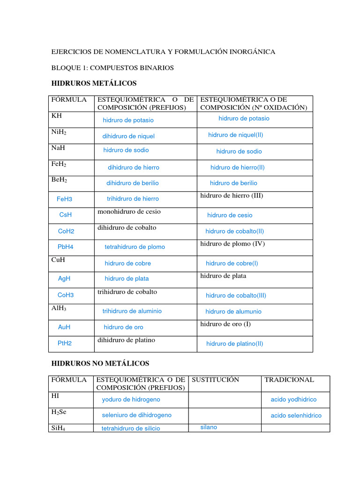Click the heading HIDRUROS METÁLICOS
[x=93, y=83]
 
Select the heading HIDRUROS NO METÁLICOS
[x=100, y=363]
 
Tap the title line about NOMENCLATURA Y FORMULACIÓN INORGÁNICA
[x=163, y=52]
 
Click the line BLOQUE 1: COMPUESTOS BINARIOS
[x=112, y=68]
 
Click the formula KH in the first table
[x=57, y=116]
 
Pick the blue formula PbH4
[x=66, y=247]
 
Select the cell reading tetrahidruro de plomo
[x=135, y=247]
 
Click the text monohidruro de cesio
[x=129, y=212]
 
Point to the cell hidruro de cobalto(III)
[x=236, y=296]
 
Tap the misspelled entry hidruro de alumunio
[x=233, y=312]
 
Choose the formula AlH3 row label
[x=59, y=309]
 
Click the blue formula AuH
[x=64, y=327]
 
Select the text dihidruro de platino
[x=126, y=340]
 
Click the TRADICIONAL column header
[x=289, y=380]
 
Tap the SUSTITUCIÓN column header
[x=216, y=380]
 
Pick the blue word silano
[x=209, y=427]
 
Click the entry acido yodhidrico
[x=293, y=400]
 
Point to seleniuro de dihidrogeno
[x=136, y=415]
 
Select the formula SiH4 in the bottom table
[x=59, y=428]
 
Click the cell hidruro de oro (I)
[x=225, y=324]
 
